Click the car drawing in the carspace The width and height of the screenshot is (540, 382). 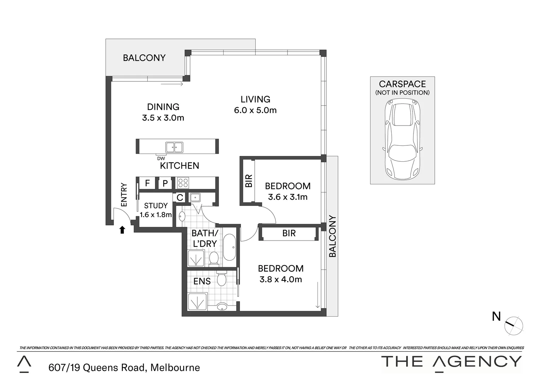(402, 139)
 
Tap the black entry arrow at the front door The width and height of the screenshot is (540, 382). (122, 230)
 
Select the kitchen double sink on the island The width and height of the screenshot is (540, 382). (174, 147)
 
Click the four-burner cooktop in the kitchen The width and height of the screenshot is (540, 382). (183, 183)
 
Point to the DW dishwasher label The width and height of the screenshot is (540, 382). (161, 158)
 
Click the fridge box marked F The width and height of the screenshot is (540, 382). (147, 183)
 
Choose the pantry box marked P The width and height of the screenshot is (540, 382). (165, 184)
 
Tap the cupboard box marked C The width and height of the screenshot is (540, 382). (180, 197)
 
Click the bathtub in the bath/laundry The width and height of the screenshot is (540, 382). (229, 247)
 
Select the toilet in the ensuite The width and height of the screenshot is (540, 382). (221, 279)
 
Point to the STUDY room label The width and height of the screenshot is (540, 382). (156, 206)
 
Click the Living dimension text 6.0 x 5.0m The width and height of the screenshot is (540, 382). (255, 110)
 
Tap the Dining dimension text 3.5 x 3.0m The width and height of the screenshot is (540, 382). (163, 118)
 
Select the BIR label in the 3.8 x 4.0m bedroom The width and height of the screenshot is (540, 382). (289, 233)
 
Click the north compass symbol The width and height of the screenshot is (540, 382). (513, 325)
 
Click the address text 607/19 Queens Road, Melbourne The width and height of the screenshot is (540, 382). (124, 368)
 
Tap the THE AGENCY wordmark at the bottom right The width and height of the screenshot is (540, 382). (451, 361)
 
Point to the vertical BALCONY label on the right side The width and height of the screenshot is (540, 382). (332, 236)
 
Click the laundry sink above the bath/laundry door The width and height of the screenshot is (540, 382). (195, 197)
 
